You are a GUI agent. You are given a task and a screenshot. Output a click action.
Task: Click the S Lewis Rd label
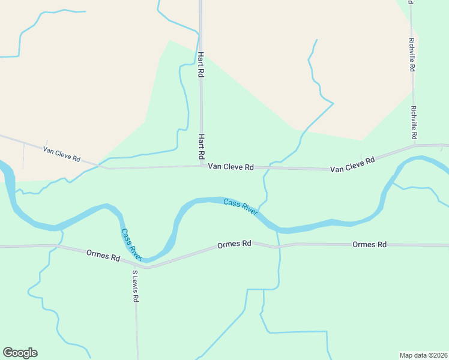[x=136, y=286]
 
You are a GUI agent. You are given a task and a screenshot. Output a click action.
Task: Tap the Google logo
[x=20, y=353]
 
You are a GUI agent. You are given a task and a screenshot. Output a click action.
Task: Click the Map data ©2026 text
[x=423, y=355]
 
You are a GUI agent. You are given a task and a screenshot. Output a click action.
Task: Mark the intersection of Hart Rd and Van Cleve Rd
[x=202, y=166]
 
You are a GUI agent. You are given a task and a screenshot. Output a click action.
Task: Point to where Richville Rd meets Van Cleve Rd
[x=414, y=145]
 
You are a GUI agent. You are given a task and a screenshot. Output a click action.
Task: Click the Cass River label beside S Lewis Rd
[x=131, y=244]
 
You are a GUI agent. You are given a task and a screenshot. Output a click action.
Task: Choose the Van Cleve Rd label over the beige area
[x=62, y=154]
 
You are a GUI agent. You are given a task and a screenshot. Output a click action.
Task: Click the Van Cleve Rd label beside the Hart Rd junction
[x=231, y=167]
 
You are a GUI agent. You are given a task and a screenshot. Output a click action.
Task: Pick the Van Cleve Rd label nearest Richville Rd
[x=352, y=164]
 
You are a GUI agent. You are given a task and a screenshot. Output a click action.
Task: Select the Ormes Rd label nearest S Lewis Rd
[x=103, y=256]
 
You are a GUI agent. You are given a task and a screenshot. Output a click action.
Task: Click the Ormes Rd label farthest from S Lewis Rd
[x=369, y=244]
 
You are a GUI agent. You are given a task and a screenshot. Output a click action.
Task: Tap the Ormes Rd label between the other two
[x=234, y=244]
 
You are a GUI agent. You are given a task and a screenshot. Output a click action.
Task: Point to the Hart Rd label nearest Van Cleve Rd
[x=202, y=146]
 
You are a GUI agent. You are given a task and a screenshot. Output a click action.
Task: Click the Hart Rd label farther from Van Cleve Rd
[x=201, y=64]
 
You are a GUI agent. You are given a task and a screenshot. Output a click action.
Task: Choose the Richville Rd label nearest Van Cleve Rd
[x=413, y=119]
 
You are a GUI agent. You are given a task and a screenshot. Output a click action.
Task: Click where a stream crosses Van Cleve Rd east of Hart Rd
[x=265, y=168]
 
